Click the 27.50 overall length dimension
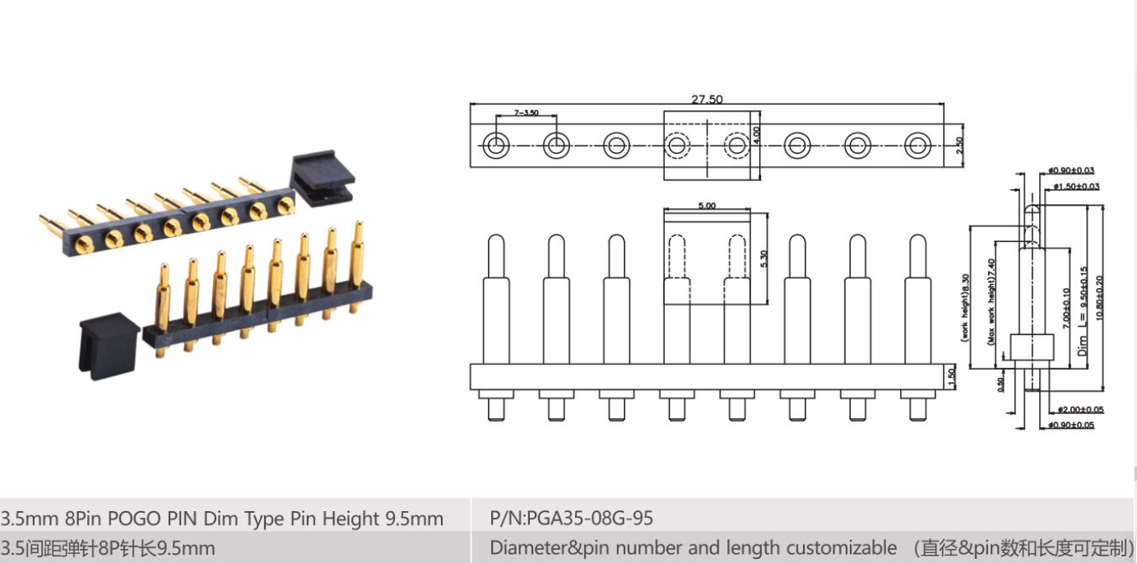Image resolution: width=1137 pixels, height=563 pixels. pos(707,100)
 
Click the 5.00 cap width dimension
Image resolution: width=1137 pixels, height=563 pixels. pos(707,206)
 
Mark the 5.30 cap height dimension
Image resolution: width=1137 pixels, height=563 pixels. pos(764,258)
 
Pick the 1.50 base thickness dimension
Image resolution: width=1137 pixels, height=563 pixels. pos(954,376)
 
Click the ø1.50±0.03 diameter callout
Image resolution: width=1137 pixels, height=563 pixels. pos(1075,187)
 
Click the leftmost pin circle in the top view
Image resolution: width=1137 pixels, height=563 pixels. pos(496,146)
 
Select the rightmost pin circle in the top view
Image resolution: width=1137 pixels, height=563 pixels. pos(917,146)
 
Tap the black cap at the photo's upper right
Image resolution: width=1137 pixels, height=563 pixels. pos(323,175)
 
